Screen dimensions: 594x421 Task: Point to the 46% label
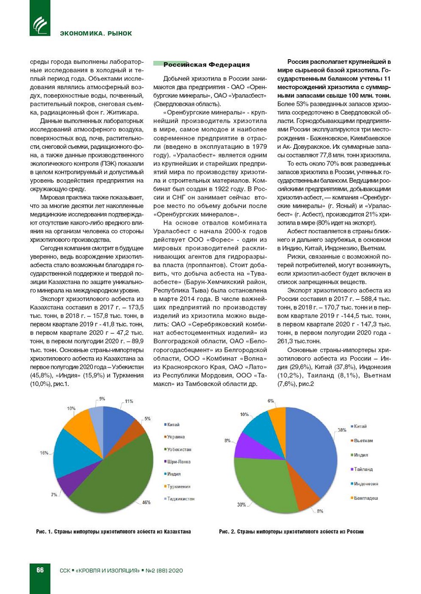point(146,502)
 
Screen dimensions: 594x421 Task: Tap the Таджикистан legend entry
point(180,499)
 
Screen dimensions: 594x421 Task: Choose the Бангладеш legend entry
point(366,498)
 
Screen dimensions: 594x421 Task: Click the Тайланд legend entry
point(363,469)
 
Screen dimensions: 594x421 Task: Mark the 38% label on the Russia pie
point(342,430)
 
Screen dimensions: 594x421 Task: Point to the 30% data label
point(241,504)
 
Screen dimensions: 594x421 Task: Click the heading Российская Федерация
point(206,65)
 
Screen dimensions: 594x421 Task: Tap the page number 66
point(40,570)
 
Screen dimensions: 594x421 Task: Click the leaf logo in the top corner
point(40,24)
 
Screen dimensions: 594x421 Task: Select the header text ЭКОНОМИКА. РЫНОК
point(96,33)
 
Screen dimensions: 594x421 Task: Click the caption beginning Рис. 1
point(113,531)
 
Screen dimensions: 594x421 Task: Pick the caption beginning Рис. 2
point(291,531)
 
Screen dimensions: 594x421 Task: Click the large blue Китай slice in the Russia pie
point(314,450)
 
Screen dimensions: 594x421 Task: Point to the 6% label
point(271,401)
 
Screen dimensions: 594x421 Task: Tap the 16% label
point(44,453)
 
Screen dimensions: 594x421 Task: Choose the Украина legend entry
point(176,437)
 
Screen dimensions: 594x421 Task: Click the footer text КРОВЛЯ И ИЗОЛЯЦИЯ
point(107,570)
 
